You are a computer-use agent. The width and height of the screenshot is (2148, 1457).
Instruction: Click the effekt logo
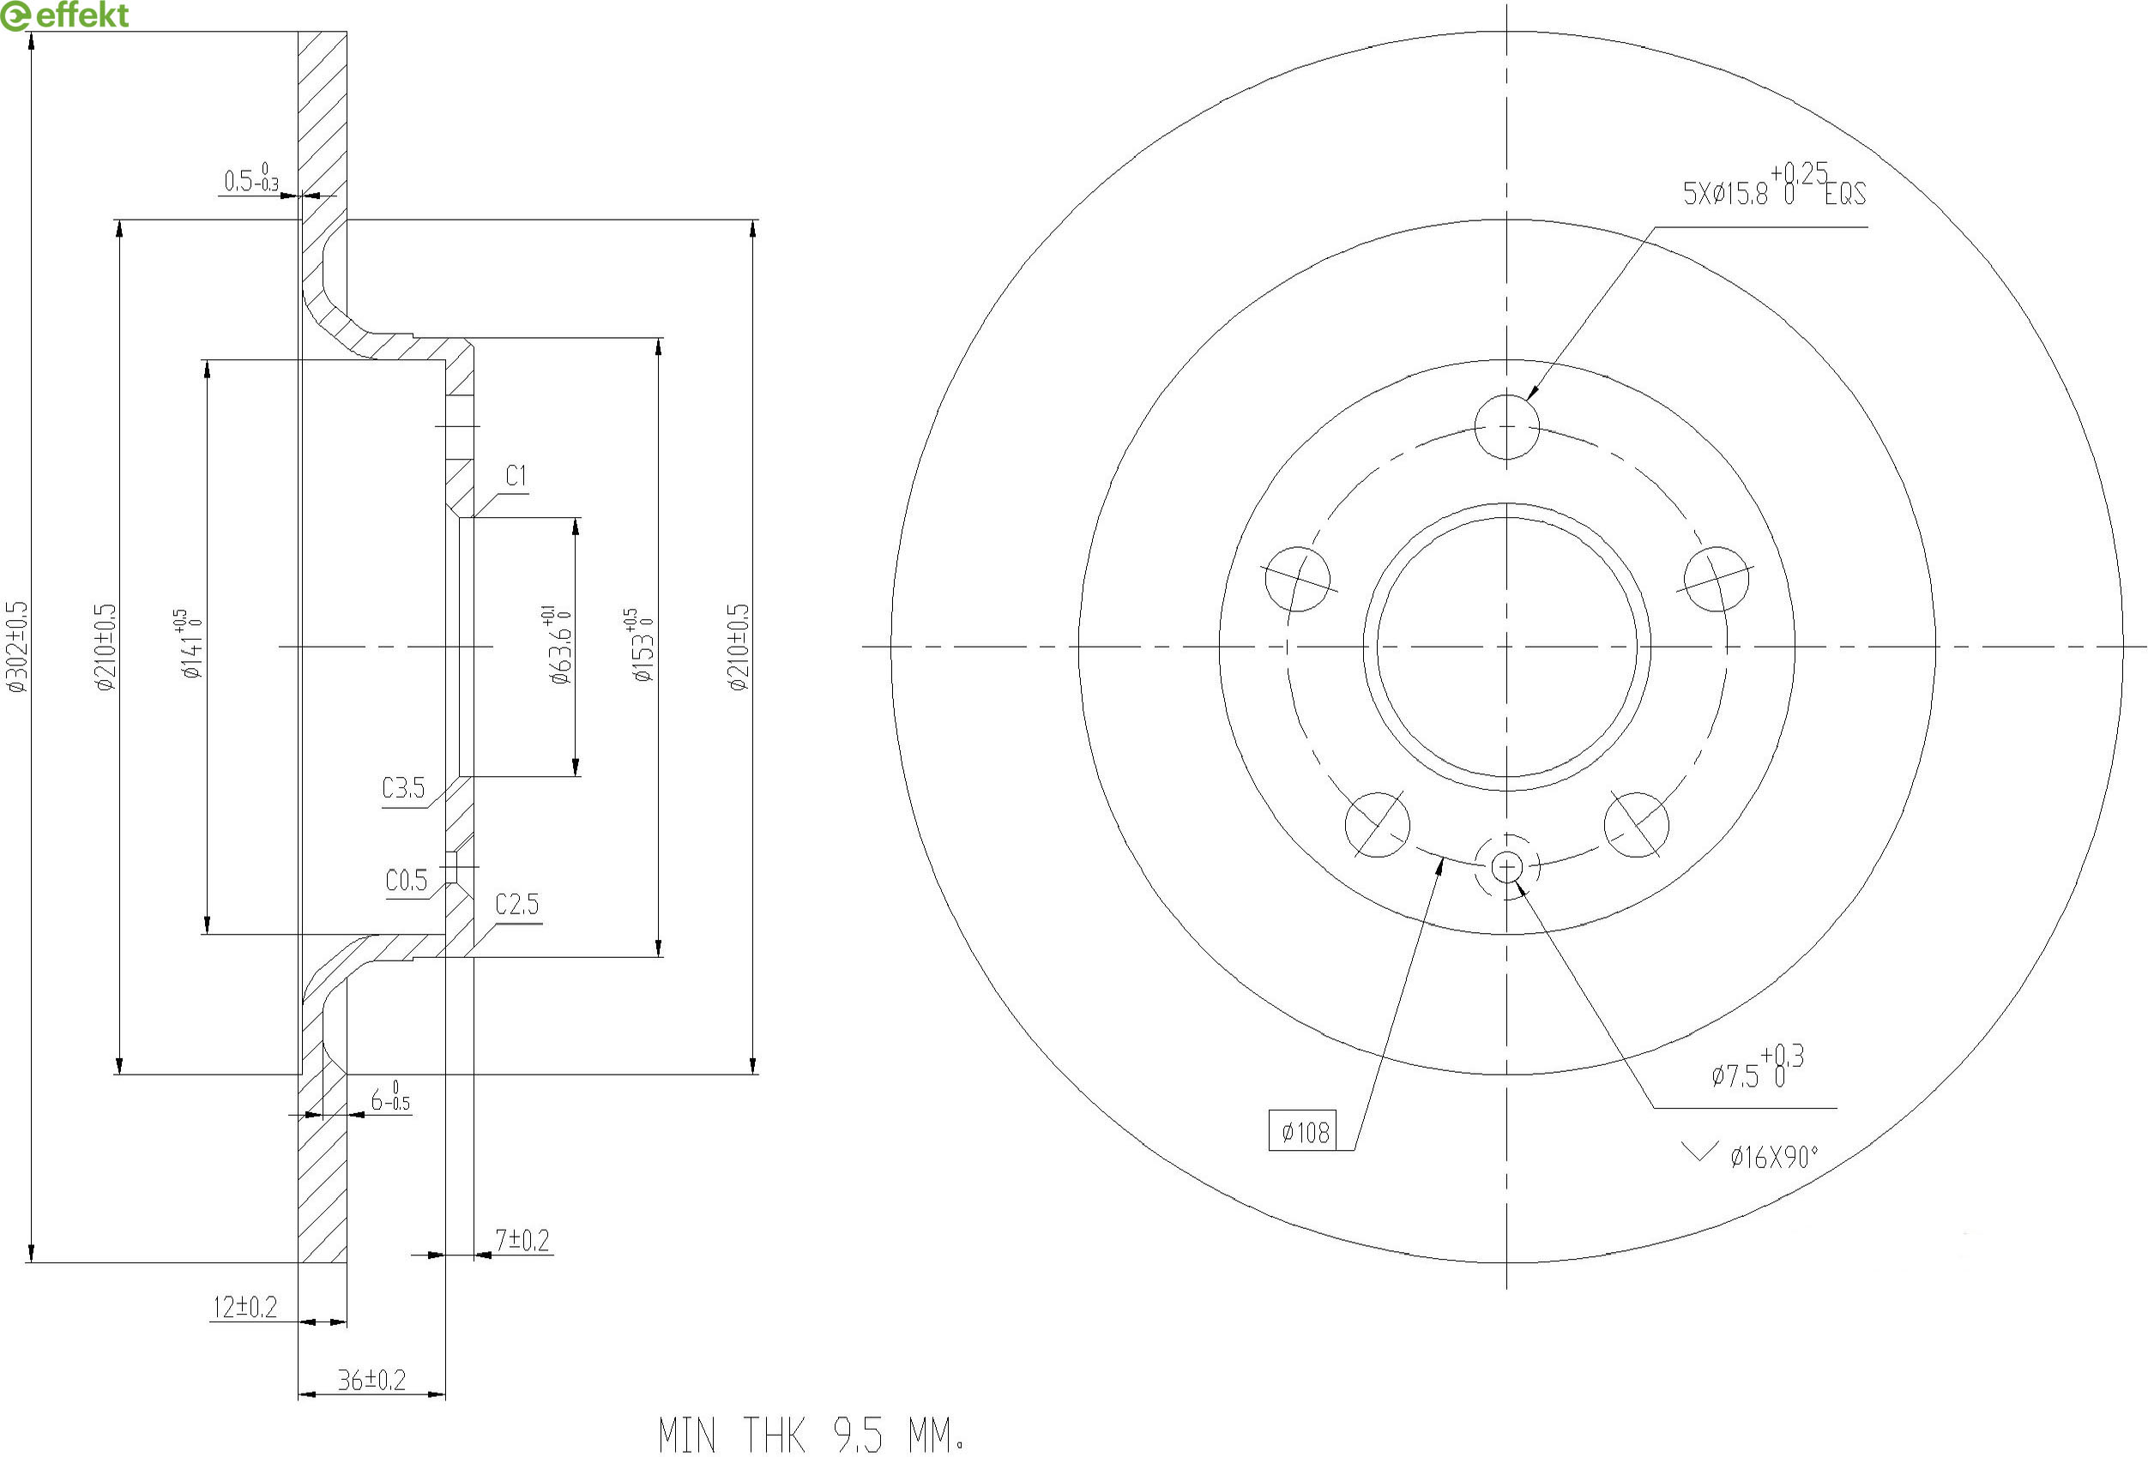click(x=64, y=15)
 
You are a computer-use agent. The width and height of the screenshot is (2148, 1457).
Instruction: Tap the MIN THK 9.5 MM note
click(x=812, y=1435)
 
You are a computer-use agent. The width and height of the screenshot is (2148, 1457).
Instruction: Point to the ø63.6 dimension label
click(x=558, y=645)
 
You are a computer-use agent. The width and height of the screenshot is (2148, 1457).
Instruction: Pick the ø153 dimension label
click(x=641, y=645)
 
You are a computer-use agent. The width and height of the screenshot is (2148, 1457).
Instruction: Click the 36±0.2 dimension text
click(x=371, y=1380)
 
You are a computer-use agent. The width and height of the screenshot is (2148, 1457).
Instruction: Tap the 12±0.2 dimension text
click(x=245, y=1306)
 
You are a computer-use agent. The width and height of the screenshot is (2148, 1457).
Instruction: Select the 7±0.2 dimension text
click(x=522, y=1240)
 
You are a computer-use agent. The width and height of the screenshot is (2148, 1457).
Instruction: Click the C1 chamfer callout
click(x=516, y=476)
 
